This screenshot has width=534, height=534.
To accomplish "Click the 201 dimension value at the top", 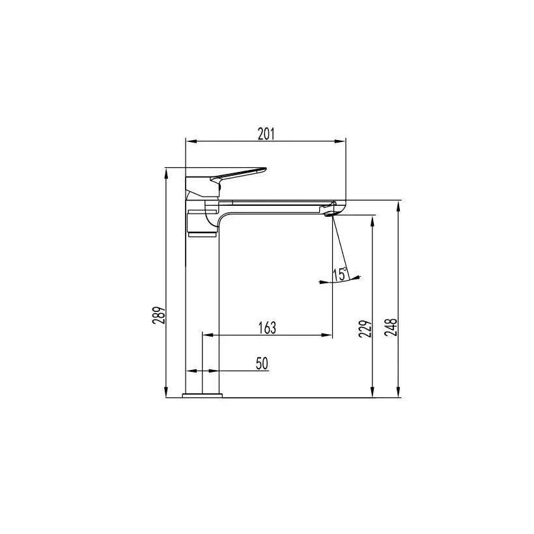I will pos(266,133).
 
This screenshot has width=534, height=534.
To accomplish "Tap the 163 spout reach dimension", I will pos(267,328).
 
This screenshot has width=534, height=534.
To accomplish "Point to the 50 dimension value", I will pos(262,363).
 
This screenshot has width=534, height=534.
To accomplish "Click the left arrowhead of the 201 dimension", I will pos(190,141).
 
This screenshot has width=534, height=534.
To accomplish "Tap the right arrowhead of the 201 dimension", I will pos(341,141).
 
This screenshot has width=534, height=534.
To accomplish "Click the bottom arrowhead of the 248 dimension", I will pos(399,392).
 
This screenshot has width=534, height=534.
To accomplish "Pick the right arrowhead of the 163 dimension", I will pos(328,335).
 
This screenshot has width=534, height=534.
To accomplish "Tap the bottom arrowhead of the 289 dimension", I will pos(167,392).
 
